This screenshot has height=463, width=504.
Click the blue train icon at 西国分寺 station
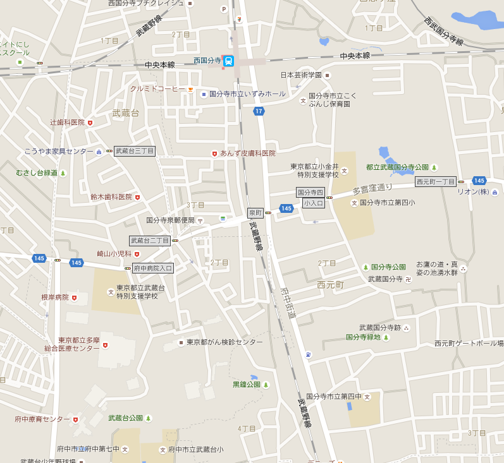[x=228, y=61]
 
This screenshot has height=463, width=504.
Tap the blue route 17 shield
[x=259, y=111]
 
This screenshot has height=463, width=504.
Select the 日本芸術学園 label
[x=301, y=75]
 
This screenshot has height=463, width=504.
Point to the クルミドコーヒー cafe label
[x=157, y=89]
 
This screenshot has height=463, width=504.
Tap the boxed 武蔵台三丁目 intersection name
[x=134, y=151]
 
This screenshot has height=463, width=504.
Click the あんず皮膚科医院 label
[x=247, y=153]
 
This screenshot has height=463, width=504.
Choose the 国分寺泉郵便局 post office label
[x=171, y=220]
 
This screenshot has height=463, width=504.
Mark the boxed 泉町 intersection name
[x=255, y=213]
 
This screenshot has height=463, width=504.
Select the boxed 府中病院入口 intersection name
[x=153, y=268]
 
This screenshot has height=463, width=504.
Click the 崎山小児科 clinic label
[x=114, y=254]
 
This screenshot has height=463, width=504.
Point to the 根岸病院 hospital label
[x=54, y=297]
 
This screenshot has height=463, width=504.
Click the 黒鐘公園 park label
[x=247, y=384]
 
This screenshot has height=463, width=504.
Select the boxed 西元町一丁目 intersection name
[x=436, y=181]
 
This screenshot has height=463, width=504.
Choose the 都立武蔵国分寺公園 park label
[x=397, y=167]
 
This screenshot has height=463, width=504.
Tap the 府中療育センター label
[x=42, y=419]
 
